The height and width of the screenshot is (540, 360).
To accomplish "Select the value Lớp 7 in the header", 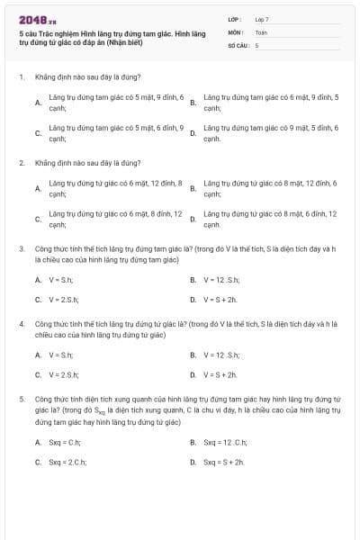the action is click(262, 19).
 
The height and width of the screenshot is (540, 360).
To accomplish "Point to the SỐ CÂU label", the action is click(238, 44).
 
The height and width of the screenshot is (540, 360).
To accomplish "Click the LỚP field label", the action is click(235, 19).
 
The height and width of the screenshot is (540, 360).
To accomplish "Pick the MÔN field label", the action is click(236, 31).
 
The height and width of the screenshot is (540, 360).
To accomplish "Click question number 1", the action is click(21, 77).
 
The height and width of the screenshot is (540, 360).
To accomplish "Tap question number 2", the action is click(21, 164).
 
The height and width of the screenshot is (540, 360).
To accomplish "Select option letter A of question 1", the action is click(38, 103).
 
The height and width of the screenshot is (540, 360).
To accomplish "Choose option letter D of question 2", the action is click(193, 220).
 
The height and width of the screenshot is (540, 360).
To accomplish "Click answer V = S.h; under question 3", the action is click(64, 280).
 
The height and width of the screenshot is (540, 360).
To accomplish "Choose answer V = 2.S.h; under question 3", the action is click(65, 300).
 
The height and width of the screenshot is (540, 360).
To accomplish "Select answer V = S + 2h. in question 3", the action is click(220, 300).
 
